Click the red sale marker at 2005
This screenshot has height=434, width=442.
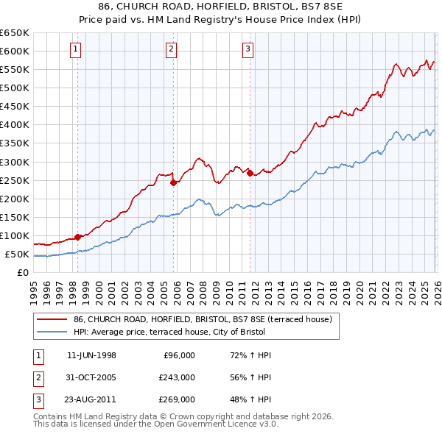point(174,182)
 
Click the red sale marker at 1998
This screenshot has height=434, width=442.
point(78,237)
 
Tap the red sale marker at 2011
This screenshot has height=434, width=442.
point(250,173)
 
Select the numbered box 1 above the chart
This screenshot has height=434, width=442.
point(77,49)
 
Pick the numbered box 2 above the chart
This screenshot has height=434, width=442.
point(171,49)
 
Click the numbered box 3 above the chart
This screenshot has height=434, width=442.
point(248,49)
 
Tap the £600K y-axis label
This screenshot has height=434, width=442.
point(15,51)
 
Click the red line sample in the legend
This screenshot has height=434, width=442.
point(52,319)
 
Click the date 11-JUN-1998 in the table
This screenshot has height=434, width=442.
point(91,355)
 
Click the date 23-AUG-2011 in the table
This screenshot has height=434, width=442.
point(91,399)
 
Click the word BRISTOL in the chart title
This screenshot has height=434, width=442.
point(262,7)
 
